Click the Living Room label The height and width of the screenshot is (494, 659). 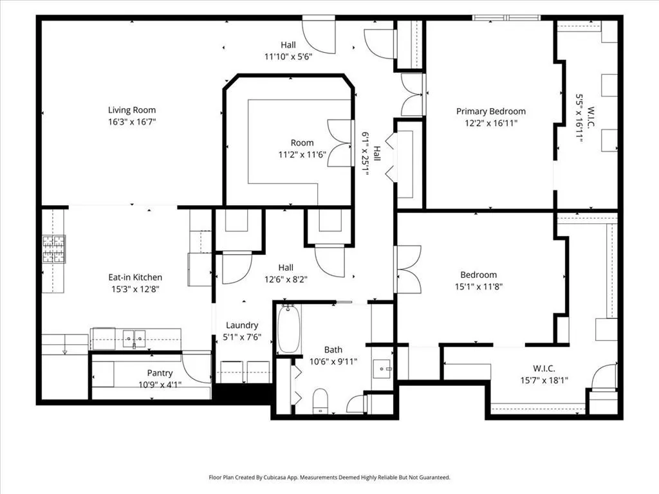click(132, 110)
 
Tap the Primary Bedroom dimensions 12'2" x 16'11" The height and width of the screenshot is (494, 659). click(491, 123)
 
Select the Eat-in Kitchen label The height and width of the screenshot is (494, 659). click(135, 277)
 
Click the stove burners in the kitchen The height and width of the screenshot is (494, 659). click(54, 249)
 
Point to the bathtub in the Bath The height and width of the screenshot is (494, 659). click(289, 329)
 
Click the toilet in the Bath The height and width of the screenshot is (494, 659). click(320, 401)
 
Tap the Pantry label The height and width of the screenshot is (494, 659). click(160, 373)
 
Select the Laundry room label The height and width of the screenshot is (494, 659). click(242, 325)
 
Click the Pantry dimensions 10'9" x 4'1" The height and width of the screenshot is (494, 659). click(160, 385)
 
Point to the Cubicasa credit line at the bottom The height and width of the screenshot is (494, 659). click(329, 477)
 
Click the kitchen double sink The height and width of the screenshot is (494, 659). click(134, 338)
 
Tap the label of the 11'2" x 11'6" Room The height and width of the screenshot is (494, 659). click(302, 143)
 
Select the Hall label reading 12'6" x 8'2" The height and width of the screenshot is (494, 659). click(286, 268)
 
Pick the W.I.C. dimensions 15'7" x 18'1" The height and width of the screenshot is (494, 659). click(544, 381)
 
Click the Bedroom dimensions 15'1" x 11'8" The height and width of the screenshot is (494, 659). click(479, 286)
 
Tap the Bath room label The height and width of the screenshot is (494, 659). click(333, 349)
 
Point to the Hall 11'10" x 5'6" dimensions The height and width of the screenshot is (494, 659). click(288, 57)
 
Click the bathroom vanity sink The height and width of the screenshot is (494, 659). click(382, 369)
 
